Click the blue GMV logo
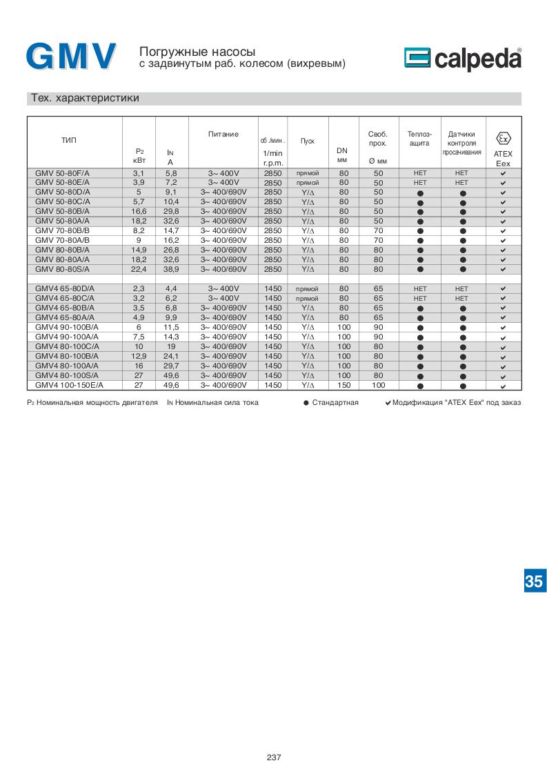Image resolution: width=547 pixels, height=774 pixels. pyautogui.click(x=71, y=57)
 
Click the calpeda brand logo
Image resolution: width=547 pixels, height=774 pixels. pyautogui.click(x=463, y=59)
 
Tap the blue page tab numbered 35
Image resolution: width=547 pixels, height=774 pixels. pyautogui.click(x=533, y=581)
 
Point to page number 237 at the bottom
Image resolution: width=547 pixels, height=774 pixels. pyautogui.click(x=274, y=757)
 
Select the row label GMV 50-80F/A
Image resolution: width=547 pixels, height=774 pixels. pyautogui.click(x=67, y=172)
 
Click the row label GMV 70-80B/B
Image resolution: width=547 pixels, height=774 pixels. pyautogui.click(x=67, y=230)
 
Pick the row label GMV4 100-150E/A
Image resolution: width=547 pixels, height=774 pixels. pyautogui.click(x=72, y=385)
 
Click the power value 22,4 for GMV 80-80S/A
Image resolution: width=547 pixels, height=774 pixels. pyautogui.click(x=139, y=269)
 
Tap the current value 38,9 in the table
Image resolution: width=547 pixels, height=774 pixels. pyautogui.click(x=172, y=269)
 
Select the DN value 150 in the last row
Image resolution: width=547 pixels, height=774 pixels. pyautogui.click(x=344, y=385)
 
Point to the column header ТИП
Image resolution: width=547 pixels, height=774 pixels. pyautogui.click(x=68, y=141)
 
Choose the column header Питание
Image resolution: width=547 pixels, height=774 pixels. pyautogui.click(x=223, y=134)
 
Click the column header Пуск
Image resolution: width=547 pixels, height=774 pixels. pyautogui.click(x=308, y=141)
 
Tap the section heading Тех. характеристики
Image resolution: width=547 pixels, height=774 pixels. pyautogui.click(x=85, y=98)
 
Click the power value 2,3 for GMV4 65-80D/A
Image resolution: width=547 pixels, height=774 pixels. pyautogui.click(x=139, y=288)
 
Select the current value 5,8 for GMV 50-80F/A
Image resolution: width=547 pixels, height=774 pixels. pyautogui.click(x=172, y=172)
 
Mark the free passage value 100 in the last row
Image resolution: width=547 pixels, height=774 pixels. pyautogui.click(x=378, y=385)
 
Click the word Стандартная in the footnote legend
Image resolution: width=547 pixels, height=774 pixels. pyautogui.click(x=335, y=402)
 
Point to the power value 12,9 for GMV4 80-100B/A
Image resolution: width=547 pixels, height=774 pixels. pyautogui.click(x=139, y=356)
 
